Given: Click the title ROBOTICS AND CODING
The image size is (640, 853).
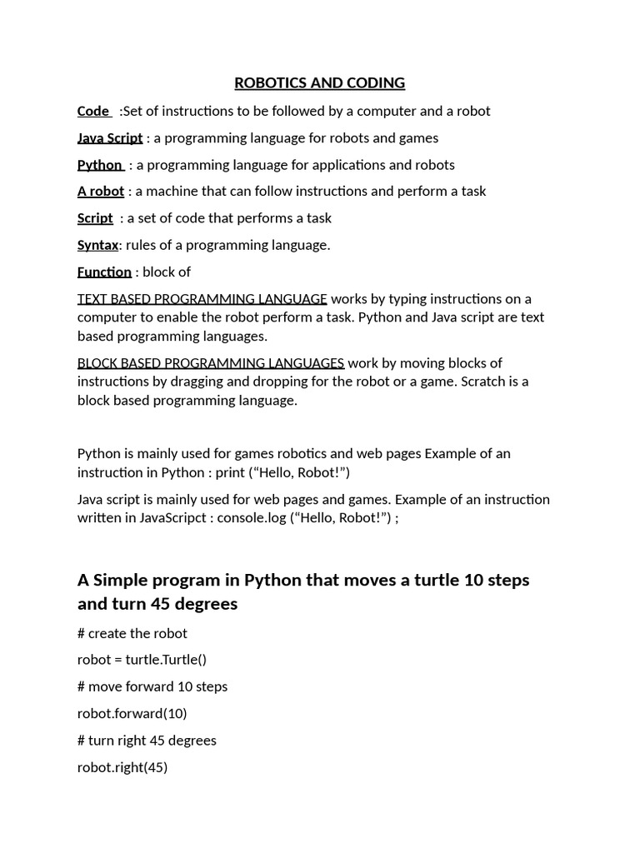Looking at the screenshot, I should tap(319, 82).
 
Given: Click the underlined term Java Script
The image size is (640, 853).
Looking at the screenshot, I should tap(110, 137).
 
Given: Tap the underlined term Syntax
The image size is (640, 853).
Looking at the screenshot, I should tap(98, 244).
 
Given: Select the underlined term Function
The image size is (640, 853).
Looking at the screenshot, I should tap(104, 272).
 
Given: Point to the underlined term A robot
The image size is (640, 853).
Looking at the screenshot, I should tap(100, 191).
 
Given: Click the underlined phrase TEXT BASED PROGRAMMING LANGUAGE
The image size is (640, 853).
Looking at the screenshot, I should tap(202, 298).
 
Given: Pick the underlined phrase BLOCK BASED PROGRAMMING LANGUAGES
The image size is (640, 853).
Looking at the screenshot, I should tap(210, 362).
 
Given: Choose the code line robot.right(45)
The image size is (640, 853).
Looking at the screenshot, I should tap(122, 767).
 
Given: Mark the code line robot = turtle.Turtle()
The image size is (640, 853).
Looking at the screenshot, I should tap(142, 659).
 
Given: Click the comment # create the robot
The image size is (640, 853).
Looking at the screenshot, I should tap(132, 632).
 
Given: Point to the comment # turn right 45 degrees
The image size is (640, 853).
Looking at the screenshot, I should tap(147, 740).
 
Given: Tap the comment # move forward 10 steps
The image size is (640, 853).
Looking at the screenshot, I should tap(152, 686).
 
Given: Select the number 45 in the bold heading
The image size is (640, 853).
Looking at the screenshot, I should tap(160, 604).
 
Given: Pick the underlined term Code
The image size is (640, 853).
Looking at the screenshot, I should tap(93, 111).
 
